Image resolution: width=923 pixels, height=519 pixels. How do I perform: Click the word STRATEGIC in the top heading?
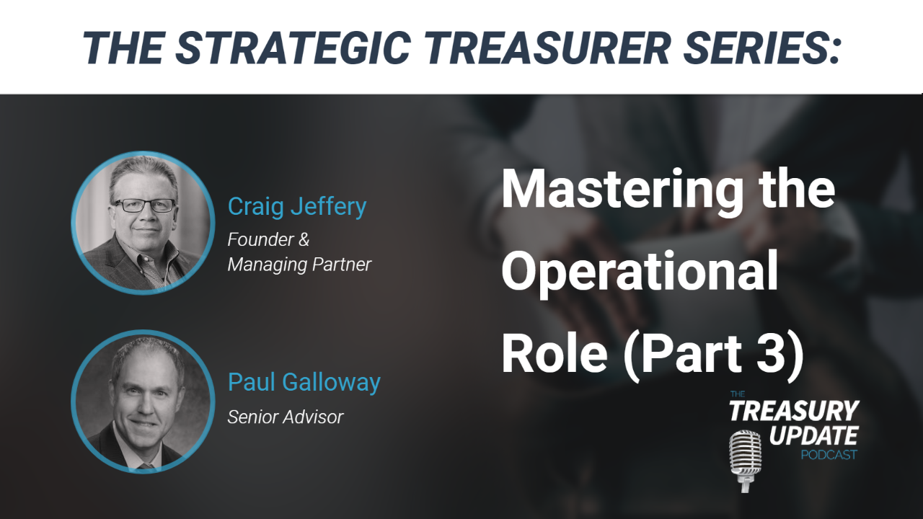[x=293, y=48]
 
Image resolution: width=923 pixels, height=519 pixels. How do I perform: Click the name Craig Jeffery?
[x=297, y=206]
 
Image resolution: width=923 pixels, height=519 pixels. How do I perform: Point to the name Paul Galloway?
[x=304, y=383]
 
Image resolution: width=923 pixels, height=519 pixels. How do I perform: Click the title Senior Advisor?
[x=285, y=417]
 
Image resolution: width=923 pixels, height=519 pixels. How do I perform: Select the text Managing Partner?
[x=299, y=265]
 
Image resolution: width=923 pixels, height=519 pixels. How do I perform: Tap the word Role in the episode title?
[x=555, y=352]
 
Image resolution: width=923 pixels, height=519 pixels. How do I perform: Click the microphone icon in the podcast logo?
[x=745, y=461]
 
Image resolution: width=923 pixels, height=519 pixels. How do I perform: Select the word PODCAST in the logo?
[x=829, y=455]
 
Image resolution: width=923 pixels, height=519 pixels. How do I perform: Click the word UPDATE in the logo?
[x=814, y=436]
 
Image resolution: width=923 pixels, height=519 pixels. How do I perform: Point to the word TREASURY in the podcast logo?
[x=794, y=410]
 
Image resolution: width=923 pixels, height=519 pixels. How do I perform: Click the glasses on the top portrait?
[x=145, y=205]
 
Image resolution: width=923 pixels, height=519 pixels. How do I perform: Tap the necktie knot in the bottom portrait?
[x=146, y=466]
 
